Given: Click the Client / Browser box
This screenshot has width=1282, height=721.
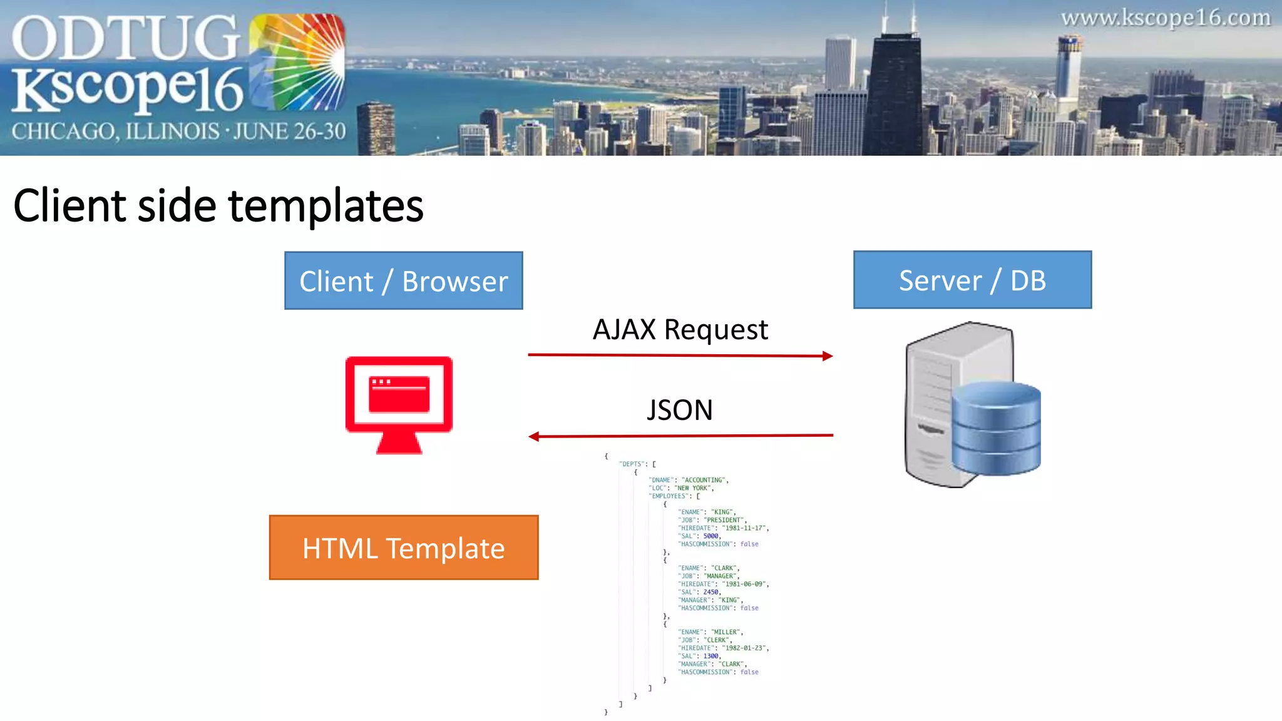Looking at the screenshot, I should point(403,280).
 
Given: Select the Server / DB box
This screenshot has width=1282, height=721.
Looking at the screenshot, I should point(972,280).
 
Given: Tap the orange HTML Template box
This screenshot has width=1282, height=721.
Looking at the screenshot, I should point(403,548).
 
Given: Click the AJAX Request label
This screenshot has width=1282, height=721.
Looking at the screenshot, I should point(680,330).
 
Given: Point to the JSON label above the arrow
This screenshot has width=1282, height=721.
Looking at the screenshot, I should point(679,411).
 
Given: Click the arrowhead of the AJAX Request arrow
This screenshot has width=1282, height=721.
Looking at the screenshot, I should point(828,356).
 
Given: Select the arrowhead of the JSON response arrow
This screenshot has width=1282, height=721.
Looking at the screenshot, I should point(534,436).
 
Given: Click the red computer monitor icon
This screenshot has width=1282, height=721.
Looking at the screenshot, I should point(399,404).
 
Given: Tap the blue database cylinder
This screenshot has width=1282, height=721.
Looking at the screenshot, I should point(996,429).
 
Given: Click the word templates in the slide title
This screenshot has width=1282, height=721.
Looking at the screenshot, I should point(326,206).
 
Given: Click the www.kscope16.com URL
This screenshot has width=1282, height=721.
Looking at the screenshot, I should point(1165,18).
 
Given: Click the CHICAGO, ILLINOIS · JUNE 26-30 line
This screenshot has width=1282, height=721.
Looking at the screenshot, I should point(178,131).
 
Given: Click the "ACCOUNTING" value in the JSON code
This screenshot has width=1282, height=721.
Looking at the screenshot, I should point(704,480).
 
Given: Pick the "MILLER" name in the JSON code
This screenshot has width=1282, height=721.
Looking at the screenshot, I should point(726,632).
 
